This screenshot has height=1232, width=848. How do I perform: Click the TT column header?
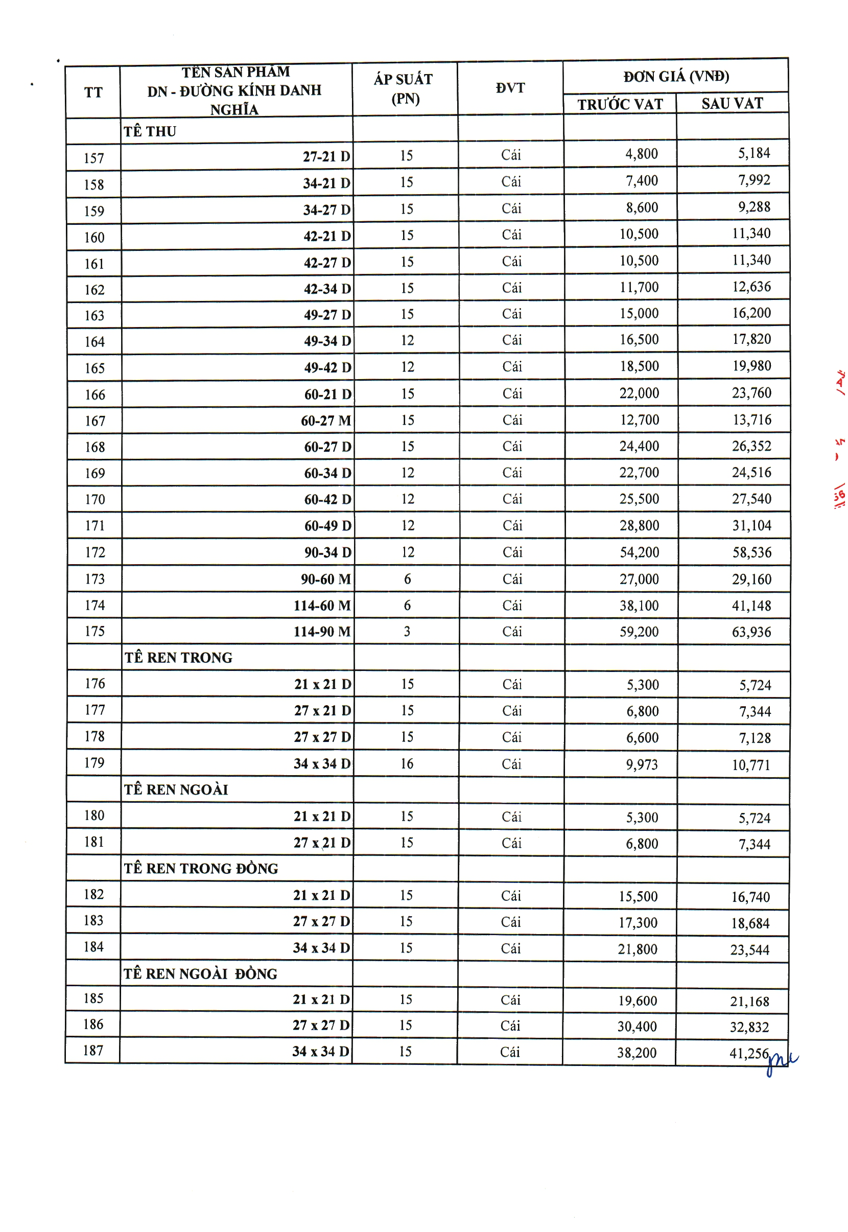[93, 92]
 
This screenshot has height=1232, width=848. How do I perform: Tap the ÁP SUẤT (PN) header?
[404, 89]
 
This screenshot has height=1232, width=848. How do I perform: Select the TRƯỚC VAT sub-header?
[620, 104]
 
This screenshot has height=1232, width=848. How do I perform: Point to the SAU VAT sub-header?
[732, 103]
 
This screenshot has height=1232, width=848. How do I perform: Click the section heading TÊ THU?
[150, 131]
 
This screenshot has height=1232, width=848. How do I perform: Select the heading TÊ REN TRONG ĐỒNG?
[201, 869]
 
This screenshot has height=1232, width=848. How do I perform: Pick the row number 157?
[93, 158]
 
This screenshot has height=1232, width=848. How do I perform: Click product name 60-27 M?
[326, 421]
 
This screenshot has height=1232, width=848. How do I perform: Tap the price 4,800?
[641, 154]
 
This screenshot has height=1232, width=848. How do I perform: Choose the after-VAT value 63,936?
[751, 632]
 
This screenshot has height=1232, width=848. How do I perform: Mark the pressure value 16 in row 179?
[407, 764]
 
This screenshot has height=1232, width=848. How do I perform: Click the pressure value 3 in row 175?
[407, 632]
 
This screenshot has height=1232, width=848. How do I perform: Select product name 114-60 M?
[322, 606]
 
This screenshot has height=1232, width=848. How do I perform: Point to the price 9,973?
[641, 764]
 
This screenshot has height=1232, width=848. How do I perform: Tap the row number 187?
[93, 1051]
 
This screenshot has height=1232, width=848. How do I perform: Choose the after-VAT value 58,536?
[751, 552]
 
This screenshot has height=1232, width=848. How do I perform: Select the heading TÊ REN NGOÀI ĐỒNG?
[200, 974]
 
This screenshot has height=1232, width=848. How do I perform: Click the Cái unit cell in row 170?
[512, 499]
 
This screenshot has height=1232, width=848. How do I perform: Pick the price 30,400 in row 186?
[637, 1026]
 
